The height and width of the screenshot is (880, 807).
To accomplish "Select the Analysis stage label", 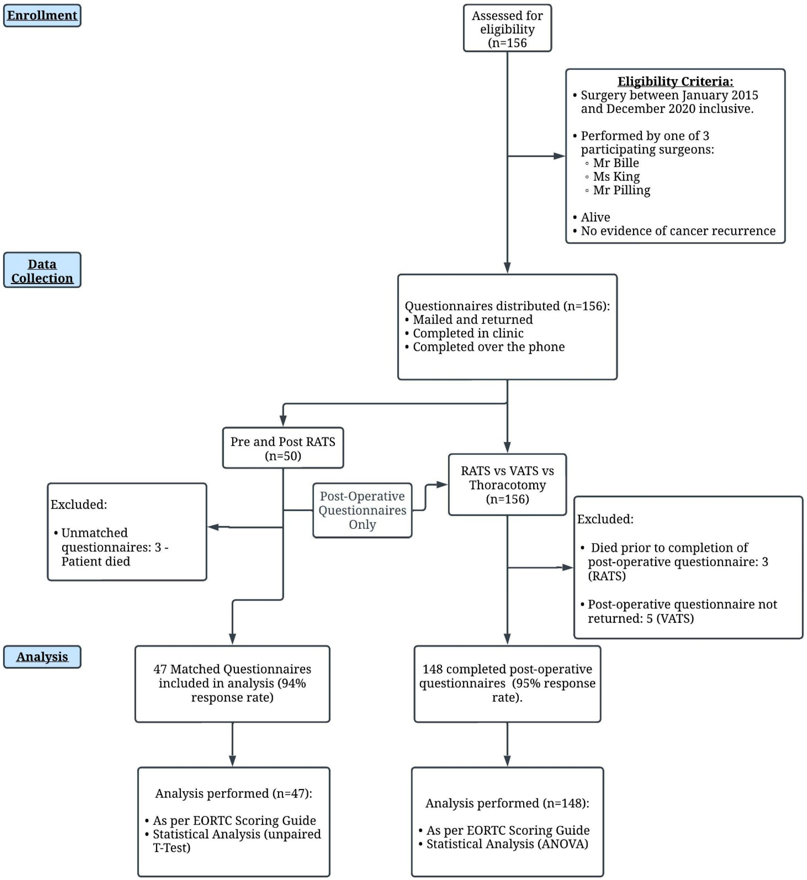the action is click(42, 657).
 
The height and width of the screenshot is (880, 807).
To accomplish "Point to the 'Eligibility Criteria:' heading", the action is click(675, 82).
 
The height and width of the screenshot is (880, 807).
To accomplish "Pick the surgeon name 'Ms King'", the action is click(616, 177).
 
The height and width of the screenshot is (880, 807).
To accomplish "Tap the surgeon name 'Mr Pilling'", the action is click(621, 190).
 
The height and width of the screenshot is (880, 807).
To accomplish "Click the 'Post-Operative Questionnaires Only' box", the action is click(363, 510).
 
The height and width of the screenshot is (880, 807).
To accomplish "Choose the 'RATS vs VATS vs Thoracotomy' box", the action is click(507, 485).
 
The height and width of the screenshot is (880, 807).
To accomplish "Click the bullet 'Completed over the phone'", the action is click(489, 347).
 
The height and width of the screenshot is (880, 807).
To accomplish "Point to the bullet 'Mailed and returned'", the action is click(473, 320).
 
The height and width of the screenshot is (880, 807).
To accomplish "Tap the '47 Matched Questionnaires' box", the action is click(232, 684).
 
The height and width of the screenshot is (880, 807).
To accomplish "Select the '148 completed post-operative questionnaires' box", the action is click(507, 684).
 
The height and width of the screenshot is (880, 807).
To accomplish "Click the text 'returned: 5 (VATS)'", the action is click(641, 619).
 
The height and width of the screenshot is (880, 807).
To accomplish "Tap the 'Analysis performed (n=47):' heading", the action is click(234, 794).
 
